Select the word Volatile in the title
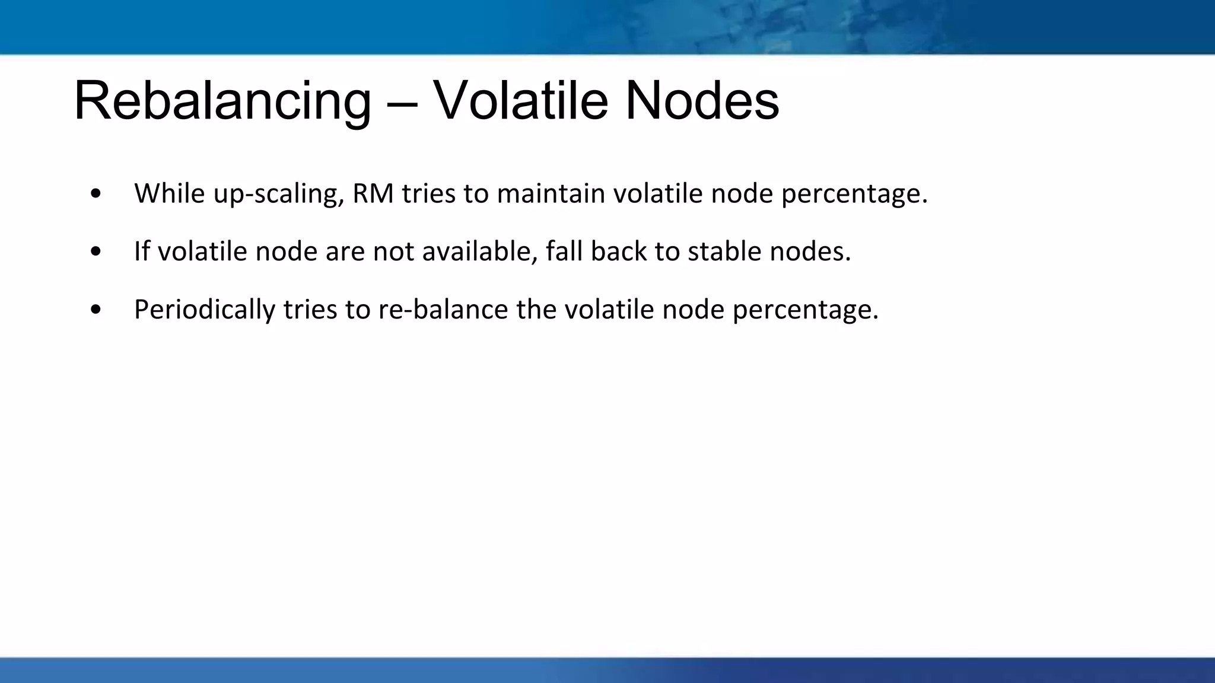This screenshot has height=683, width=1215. [520, 101]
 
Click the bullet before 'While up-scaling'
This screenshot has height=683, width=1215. [96, 194]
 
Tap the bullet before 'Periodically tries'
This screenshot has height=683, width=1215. [96, 310]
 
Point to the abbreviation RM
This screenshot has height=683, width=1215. [373, 193]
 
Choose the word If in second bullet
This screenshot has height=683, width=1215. [141, 251]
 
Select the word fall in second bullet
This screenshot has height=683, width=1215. [564, 251]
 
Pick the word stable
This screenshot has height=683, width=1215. [724, 251]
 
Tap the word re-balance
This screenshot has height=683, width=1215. [443, 309]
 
